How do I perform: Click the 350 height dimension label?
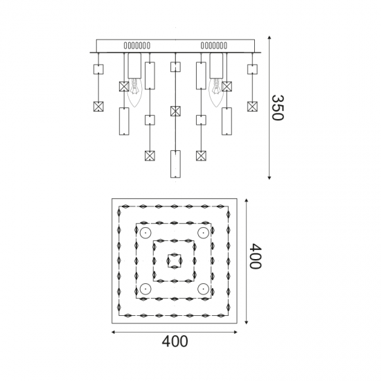tap(278, 107)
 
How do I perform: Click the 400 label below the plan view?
tap(175, 341)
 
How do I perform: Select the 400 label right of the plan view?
tap(256, 256)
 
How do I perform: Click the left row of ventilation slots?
tap(137, 46)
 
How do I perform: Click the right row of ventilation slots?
tap(214, 46)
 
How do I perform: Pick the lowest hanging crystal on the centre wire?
tap(175, 164)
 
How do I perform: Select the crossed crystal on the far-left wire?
tap(98, 107)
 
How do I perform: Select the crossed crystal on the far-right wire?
tap(252, 107)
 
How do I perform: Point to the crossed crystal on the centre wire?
tap(175, 111)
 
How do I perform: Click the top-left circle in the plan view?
tap(145, 233)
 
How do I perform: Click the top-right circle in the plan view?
tap(203, 233)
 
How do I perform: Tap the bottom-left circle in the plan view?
tap(145, 289)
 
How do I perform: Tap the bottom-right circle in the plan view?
tap(203, 289)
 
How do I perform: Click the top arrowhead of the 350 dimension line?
tap(269, 37)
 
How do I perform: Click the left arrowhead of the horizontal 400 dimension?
tap(114, 332)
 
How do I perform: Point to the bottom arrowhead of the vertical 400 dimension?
tap(247, 322)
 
